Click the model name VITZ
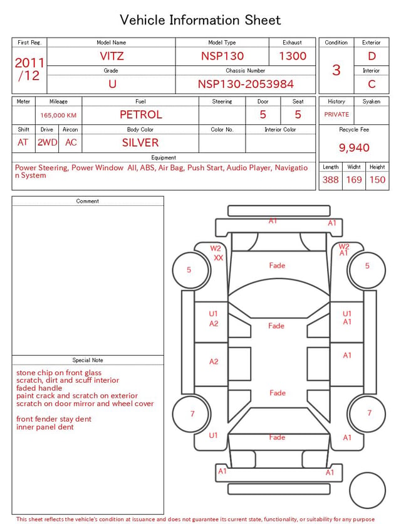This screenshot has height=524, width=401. point(112,56)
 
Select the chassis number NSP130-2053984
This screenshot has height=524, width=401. point(246,84)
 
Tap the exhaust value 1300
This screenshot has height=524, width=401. point(293,56)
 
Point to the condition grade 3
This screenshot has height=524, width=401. point(336,70)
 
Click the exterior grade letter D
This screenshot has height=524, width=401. point(372,56)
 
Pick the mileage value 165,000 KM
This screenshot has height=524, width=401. point(58,115)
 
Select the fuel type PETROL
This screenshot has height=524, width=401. point(141,115)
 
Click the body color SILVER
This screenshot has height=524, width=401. point(140,142)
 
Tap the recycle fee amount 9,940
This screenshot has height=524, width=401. point(354,147)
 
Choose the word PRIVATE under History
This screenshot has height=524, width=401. point(336,114)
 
